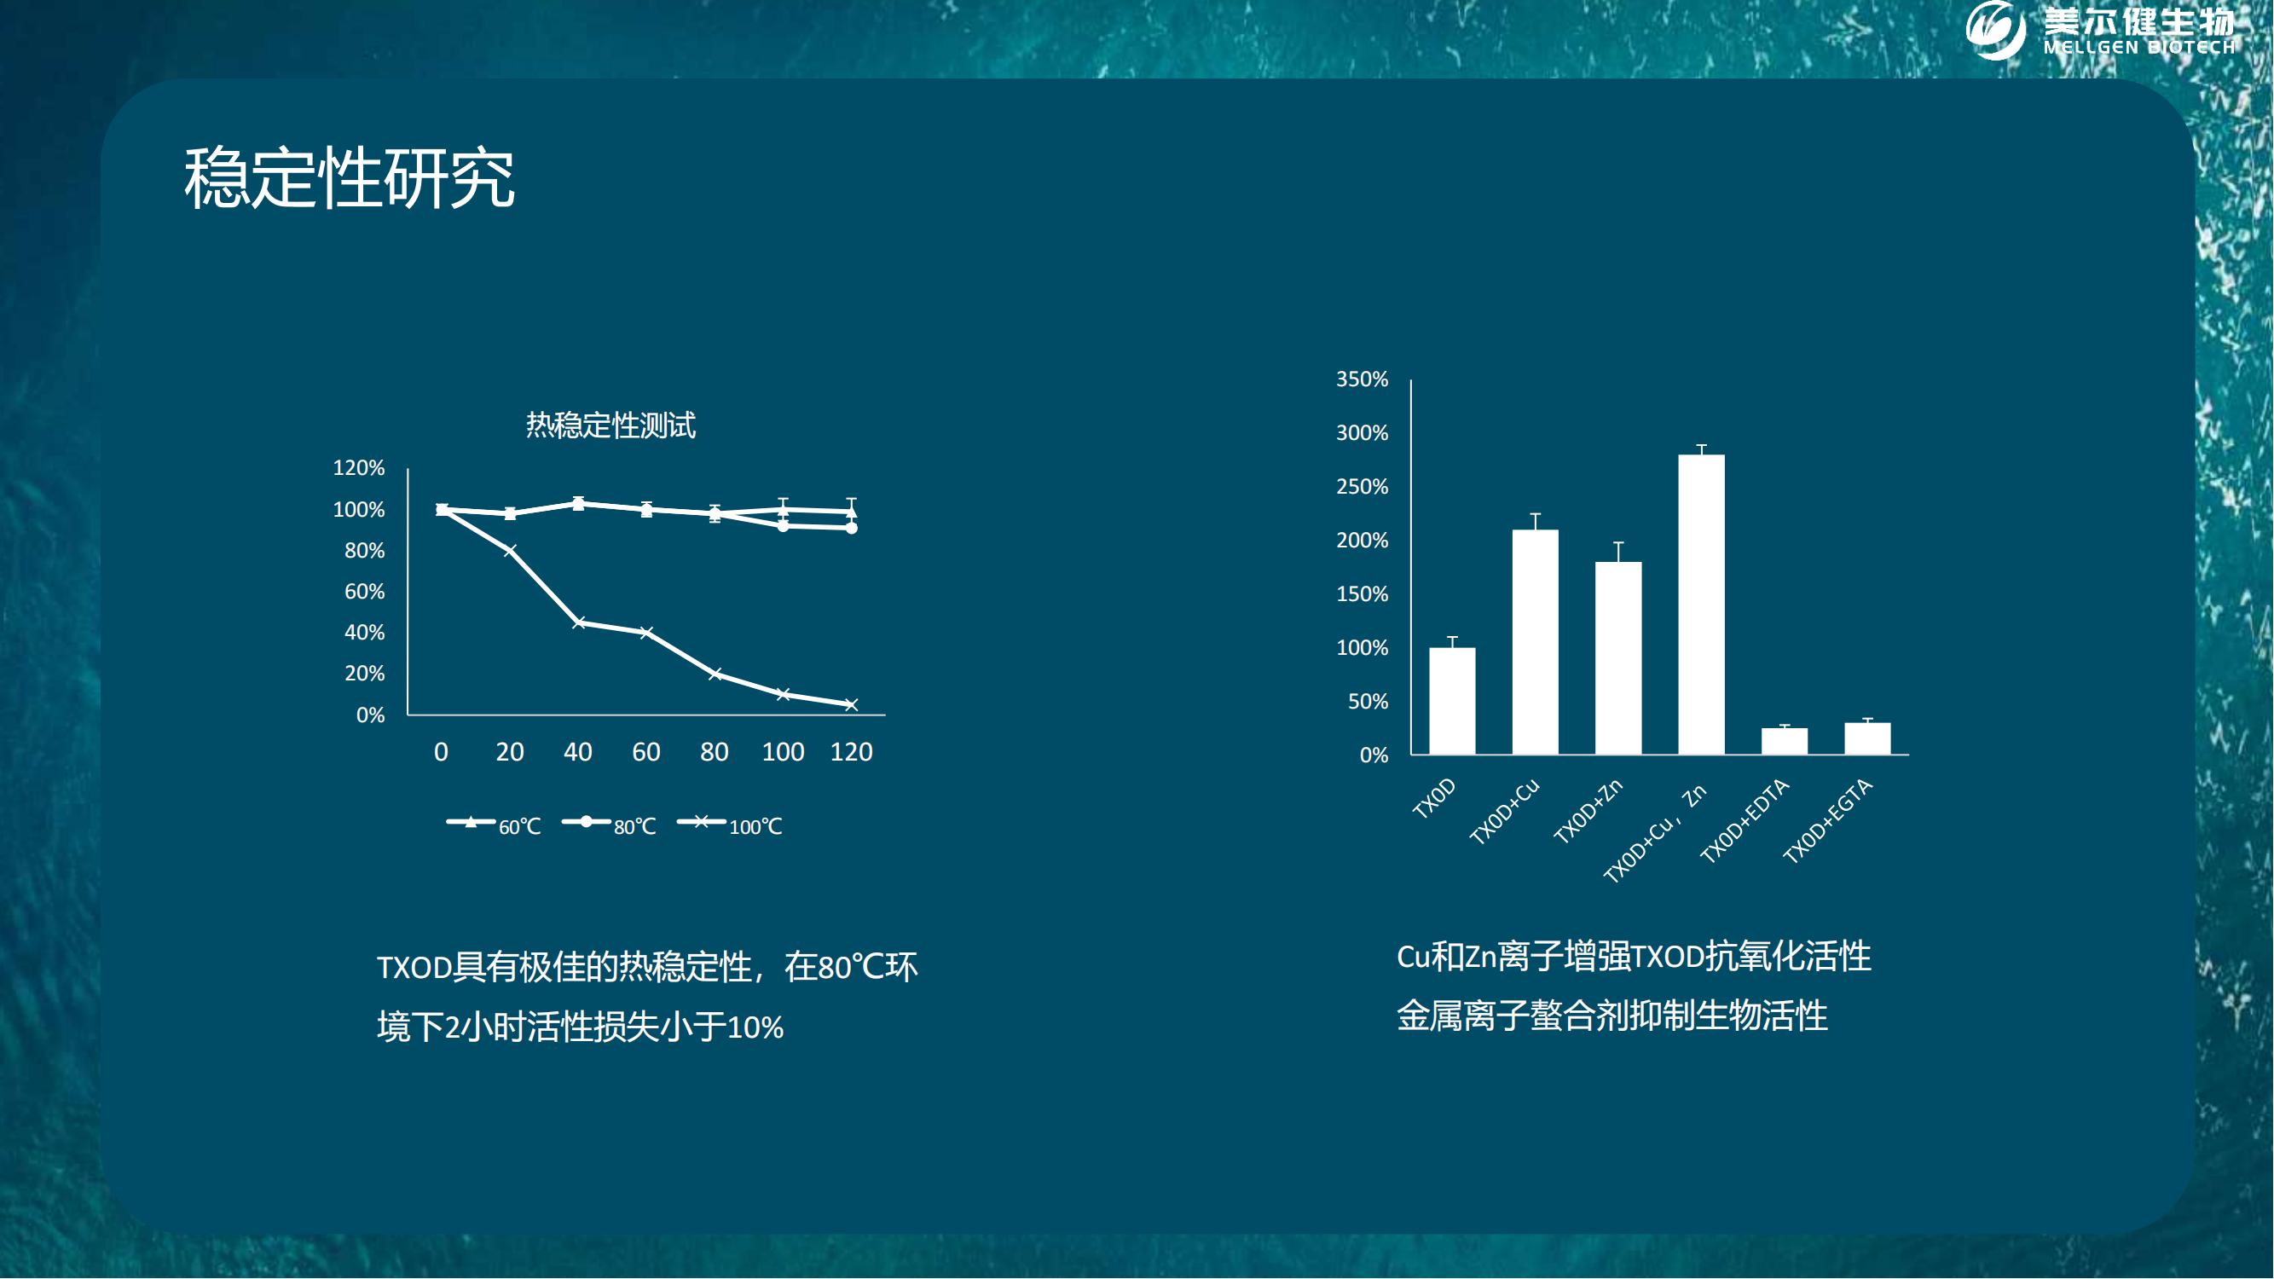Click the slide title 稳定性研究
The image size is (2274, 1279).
(x=350, y=178)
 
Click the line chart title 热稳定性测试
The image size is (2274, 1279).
(x=610, y=425)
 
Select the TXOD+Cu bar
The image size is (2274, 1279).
(x=1535, y=642)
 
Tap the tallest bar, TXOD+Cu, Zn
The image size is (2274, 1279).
(x=1701, y=605)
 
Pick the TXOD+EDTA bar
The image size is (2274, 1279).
(x=1784, y=742)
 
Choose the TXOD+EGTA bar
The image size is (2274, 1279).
(x=1867, y=738)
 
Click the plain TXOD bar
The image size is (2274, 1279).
(x=1452, y=701)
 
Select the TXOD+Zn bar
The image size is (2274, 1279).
(x=1618, y=658)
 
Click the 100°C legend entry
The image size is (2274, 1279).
(x=729, y=825)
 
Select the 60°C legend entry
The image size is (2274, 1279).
(x=494, y=825)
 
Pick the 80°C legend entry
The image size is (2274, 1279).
(x=609, y=825)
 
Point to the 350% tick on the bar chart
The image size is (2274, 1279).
(x=1363, y=379)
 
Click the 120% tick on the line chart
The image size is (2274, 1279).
(x=358, y=468)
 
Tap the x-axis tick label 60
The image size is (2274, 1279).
(x=646, y=752)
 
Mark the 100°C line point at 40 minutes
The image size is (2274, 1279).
(x=578, y=623)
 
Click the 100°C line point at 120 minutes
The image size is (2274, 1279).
(x=851, y=704)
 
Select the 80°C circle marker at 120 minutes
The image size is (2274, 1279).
(x=851, y=528)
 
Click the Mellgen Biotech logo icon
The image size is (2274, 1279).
(x=1996, y=29)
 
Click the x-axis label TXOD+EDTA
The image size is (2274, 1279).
(x=1745, y=821)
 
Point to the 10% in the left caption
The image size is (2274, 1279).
(x=755, y=1027)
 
